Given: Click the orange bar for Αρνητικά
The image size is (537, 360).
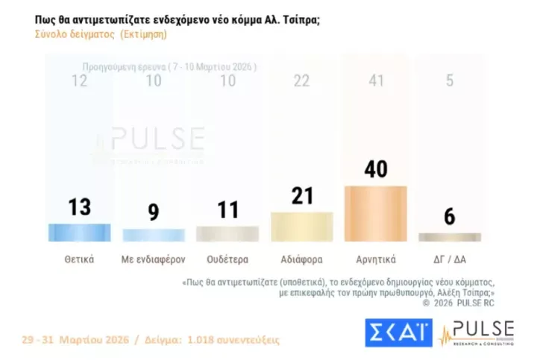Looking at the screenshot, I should (375, 213).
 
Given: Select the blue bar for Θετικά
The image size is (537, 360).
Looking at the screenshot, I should (79, 233).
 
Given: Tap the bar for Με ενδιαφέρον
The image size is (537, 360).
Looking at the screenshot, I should (153, 235).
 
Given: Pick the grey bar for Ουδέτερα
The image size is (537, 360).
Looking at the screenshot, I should (227, 233).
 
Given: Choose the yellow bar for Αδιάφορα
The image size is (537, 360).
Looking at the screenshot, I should (301, 227).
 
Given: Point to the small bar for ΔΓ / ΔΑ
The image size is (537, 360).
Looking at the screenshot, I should (449, 237).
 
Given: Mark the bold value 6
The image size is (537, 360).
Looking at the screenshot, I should (449, 217).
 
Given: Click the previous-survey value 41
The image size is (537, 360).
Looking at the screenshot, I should (375, 80).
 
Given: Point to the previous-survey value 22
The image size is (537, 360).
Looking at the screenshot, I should (301, 80).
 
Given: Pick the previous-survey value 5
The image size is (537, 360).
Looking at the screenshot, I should (449, 80).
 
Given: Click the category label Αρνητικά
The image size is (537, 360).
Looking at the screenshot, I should (375, 260).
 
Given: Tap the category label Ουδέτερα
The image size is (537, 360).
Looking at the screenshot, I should (227, 260).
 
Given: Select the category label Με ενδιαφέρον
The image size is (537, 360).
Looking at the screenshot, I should (153, 260).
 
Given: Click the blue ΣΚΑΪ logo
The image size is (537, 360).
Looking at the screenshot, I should (398, 332).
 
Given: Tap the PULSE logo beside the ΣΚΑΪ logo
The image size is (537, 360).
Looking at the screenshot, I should (477, 332).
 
